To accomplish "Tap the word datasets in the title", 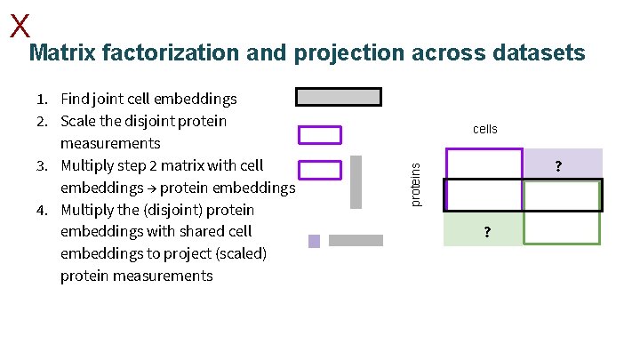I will [x=536, y=54].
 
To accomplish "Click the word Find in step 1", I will [x=76, y=99].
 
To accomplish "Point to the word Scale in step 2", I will [x=78, y=121].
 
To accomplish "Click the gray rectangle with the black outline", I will [x=338, y=96].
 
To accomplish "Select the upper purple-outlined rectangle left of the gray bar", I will [x=319, y=134].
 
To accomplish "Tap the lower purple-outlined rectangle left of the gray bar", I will [x=319, y=169].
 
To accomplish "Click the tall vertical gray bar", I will [x=356, y=181].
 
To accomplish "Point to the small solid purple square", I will [x=314, y=241].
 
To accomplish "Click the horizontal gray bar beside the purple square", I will [x=356, y=240].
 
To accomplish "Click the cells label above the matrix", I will [x=485, y=130].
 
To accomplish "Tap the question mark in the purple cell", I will [x=558, y=165].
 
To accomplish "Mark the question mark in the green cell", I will [x=485, y=234].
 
